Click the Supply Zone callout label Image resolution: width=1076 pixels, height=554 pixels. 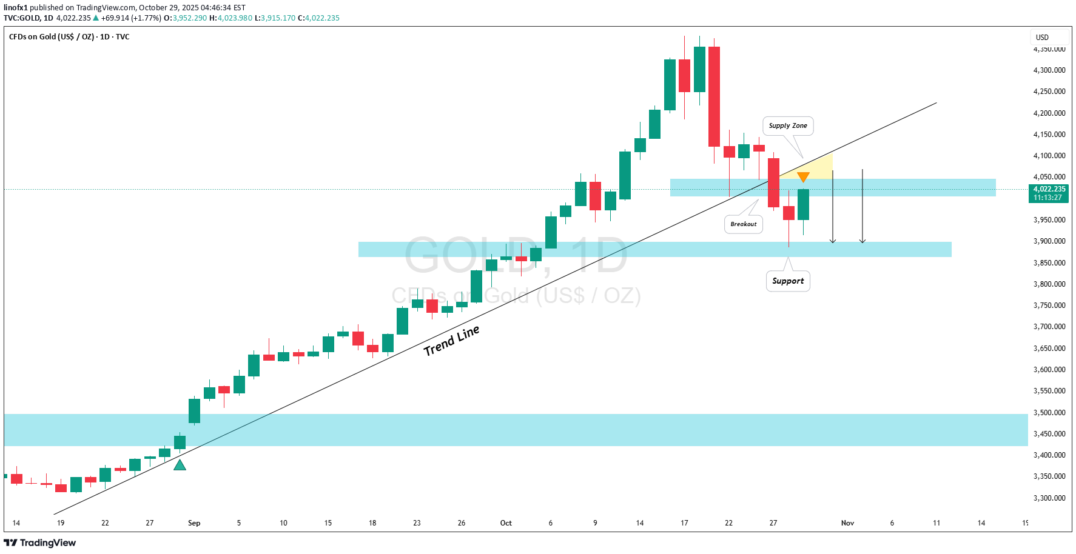pyautogui.click(x=788, y=126)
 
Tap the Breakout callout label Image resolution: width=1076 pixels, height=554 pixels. pyautogui.click(x=744, y=224)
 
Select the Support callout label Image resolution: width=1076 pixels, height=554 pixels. pyautogui.click(x=788, y=281)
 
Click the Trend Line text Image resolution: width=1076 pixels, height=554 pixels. pyautogui.click(x=452, y=340)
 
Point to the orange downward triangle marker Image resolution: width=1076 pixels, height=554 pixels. pyautogui.click(x=803, y=177)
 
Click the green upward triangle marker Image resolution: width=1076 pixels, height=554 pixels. pyautogui.click(x=180, y=466)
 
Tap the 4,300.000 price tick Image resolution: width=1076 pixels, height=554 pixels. pyautogui.click(x=1049, y=70)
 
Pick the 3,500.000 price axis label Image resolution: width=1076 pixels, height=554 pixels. pyautogui.click(x=1049, y=413)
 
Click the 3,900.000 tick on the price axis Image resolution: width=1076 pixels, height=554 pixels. pyautogui.click(x=1049, y=241)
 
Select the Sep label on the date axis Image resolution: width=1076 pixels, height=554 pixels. pyautogui.click(x=194, y=523)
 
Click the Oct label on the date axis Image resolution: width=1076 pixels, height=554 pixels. pyautogui.click(x=506, y=523)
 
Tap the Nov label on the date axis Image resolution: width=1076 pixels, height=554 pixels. pyautogui.click(x=847, y=523)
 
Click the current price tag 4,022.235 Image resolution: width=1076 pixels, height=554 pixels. pyautogui.click(x=1049, y=190)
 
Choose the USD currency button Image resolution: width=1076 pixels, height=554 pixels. pyautogui.click(x=1042, y=38)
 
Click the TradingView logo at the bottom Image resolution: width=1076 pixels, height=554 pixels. pyautogui.click(x=40, y=542)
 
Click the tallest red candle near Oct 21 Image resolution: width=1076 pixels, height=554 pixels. pyautogui.click(x=714, y=97)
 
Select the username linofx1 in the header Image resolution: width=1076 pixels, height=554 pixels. pyautogui.click(x=16, y=8)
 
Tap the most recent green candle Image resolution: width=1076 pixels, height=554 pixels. pyautogui.click(x=803, y=204)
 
